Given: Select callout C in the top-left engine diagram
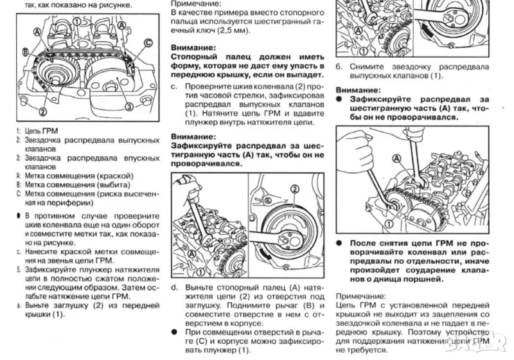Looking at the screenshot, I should [148, 43].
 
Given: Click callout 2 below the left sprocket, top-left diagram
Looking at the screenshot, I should [42, 111].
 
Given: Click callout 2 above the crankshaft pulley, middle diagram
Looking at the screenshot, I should [295, 188].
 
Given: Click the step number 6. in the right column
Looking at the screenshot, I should [339, 66].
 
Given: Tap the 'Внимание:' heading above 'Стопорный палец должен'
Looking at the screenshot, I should [193, 48].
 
